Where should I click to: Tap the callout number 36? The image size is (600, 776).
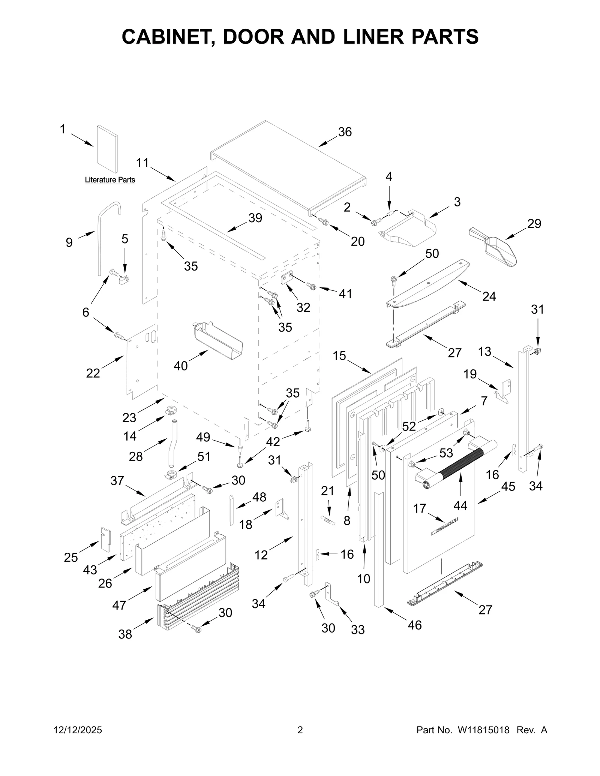tap(345, 132)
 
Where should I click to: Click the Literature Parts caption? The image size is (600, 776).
tap(110, 180)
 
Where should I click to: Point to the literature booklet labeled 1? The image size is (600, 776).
tap(107, 149)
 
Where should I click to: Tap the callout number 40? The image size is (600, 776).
tap(180, 366)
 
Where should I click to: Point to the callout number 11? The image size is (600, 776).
tap(142, 163)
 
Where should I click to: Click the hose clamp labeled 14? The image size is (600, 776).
tap(170, 411)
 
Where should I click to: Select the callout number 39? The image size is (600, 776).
tap(255, 218)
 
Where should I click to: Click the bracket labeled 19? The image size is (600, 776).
tap(504, 391)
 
